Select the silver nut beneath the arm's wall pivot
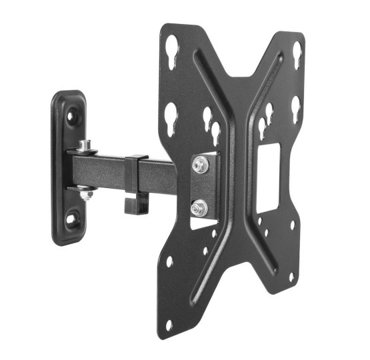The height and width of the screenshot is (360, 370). pos(85,193)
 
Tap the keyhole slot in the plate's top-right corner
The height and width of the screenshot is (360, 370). pos(296,51)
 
